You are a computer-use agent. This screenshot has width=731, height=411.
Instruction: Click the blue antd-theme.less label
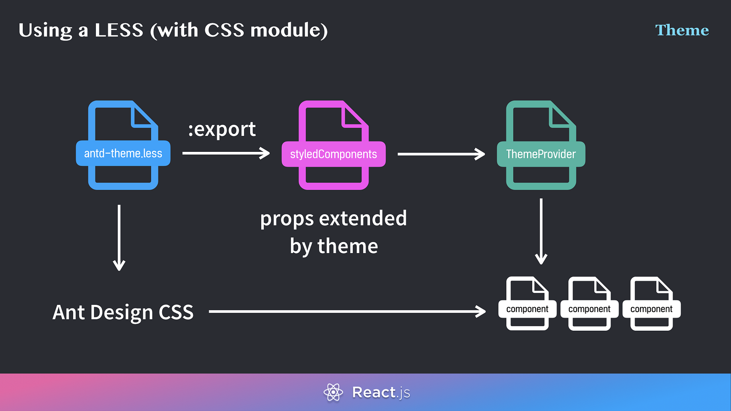click(123, 153)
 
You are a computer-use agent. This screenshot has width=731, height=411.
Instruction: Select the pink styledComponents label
click(333, 154)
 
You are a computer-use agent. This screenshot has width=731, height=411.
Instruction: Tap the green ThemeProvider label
click(540, 154)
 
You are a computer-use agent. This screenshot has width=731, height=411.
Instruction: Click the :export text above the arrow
click(222, 129)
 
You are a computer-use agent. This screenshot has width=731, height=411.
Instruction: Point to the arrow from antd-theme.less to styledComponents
click(226, 153)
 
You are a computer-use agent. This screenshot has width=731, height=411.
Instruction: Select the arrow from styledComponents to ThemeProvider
click(441, 154)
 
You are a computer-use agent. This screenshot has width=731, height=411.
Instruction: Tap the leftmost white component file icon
click(527, 304)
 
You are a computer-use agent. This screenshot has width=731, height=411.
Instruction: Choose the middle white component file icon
click(589, 304)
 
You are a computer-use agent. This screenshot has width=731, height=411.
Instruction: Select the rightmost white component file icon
click(651, 304)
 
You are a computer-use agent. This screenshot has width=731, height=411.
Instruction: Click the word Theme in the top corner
click(682, 30)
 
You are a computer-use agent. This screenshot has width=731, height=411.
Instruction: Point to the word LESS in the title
click(119, 30)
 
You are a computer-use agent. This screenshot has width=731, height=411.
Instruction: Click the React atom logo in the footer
click(333, 392)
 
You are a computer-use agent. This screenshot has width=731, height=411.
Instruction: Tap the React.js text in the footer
click(381, 392)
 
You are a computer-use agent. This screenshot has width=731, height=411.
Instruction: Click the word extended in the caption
click(363, 218)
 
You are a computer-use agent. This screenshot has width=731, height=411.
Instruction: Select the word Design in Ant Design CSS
click(121, 312)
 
